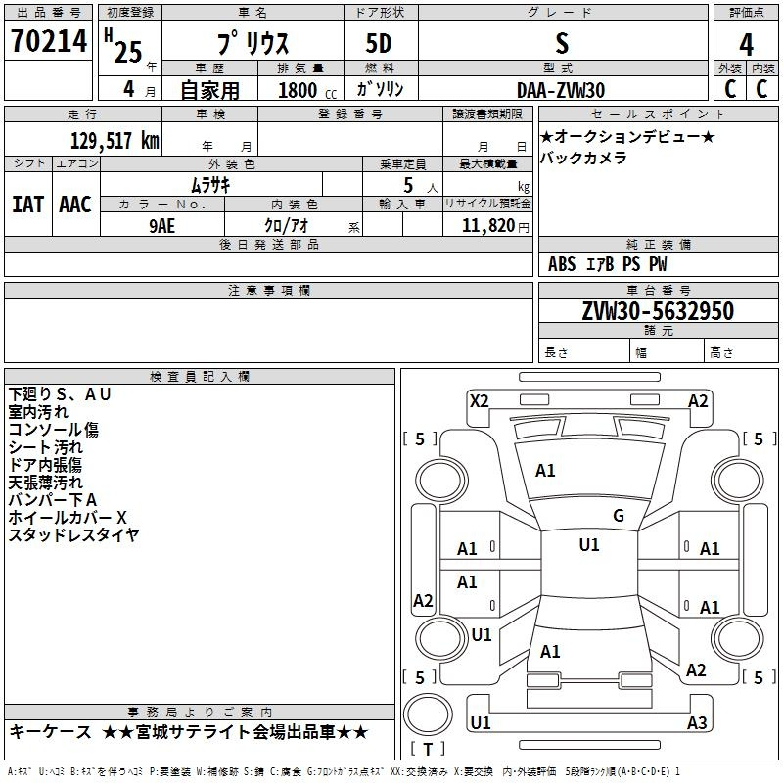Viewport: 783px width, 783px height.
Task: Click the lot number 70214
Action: (x=49, y=41)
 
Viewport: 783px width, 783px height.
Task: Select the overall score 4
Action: (x=746, y=45)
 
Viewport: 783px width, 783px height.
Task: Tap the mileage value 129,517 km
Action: (x=115, y=141)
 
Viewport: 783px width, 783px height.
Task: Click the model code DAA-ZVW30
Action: (x=561, y=90)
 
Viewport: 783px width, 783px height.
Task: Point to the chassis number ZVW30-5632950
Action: (x=658, y=311)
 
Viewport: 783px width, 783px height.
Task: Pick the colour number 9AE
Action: (x=161, y=226)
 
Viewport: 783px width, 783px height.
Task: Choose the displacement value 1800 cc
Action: (x=307, y=90)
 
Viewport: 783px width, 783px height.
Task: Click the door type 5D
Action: (x=379, y=44)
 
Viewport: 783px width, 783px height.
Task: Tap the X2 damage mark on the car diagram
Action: (x=479, y=401)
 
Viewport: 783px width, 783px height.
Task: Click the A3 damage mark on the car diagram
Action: (x=697, y=722)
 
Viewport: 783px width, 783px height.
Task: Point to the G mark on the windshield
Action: (x=619, y=516)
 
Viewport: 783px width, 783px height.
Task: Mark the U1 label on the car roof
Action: (x=589, y=545)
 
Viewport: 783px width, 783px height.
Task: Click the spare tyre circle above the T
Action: (x=428, y=714)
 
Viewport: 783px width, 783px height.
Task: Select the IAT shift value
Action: (x=28, y=205)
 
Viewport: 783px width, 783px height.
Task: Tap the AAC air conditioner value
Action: (x=75, y=205)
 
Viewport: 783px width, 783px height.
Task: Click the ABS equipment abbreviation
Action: (x=562, y=264)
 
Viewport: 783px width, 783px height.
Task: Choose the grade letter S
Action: (x=562, y=43)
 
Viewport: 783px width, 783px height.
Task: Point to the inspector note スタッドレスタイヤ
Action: (x=73, y=534)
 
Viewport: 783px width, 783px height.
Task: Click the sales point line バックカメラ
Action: (x=583, y=158)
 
